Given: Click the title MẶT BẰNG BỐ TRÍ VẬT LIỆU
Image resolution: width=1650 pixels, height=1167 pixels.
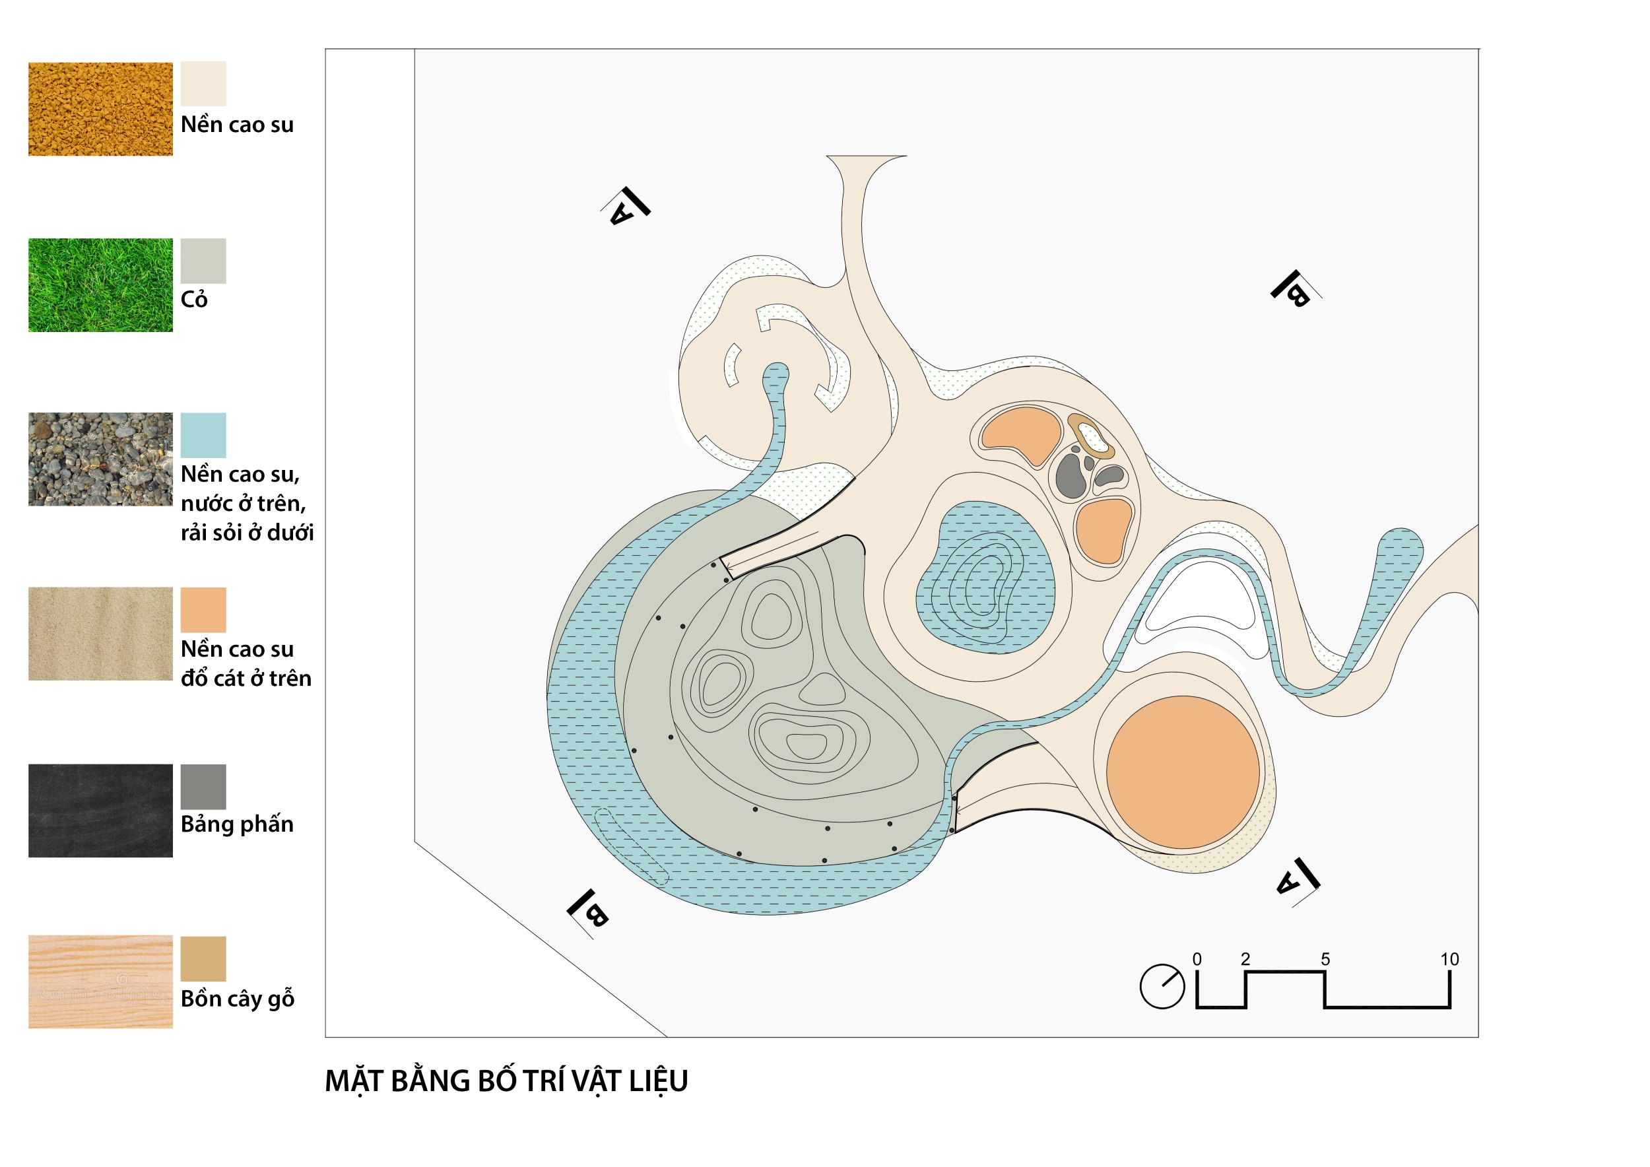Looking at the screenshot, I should point(506,1081).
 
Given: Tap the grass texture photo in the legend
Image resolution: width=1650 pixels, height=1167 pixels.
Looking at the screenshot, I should point(100,285).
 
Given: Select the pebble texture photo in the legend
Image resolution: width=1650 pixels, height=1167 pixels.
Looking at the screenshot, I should point(100,459).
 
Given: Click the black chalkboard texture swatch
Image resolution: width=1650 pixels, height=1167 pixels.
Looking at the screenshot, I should point(100,811).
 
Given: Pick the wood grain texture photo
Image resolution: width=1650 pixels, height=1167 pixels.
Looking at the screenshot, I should point(100,982).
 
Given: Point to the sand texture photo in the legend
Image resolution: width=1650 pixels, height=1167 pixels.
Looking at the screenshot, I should point(100,634).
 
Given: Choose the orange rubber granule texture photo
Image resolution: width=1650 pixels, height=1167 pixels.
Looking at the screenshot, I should point(100,109).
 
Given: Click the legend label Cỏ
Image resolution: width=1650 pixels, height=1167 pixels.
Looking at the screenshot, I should point(194,300).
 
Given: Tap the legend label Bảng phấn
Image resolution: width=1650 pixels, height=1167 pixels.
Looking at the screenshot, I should point(237,824).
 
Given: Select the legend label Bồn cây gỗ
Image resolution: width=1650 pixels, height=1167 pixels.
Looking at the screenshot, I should point(237,999).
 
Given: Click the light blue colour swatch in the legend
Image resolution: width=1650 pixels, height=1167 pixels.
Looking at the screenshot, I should point(203,436).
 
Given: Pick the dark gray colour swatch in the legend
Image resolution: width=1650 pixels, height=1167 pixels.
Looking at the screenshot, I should point(203,787).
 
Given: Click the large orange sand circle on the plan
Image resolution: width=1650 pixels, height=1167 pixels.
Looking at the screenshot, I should point(1183,772).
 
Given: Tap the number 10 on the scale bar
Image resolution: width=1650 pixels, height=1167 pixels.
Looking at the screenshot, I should point(1449,959).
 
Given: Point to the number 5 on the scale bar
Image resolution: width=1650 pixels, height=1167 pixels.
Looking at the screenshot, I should point(1325,959).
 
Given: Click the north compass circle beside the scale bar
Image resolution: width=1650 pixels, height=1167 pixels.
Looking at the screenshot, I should point(1162,987).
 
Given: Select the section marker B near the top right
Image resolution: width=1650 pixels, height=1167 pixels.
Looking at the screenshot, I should point(1292,289).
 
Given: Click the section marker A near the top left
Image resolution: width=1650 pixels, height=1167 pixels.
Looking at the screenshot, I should point(626,207).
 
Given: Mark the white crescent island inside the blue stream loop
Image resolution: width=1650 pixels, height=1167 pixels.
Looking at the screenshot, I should point(1200,597).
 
